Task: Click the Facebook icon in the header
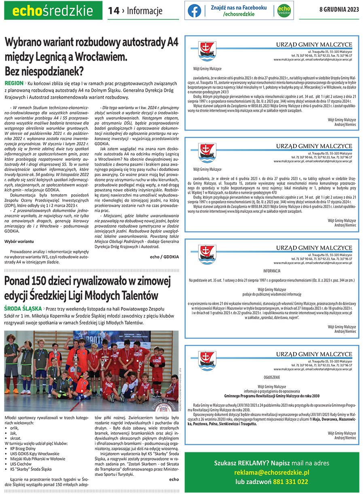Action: [195, 11]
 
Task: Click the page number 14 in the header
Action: [114, 11]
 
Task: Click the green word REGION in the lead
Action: [14, 83]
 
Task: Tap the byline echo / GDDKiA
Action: [164, 256]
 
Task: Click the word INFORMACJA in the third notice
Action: [271, 271]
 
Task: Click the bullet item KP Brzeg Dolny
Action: [23, 448]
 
